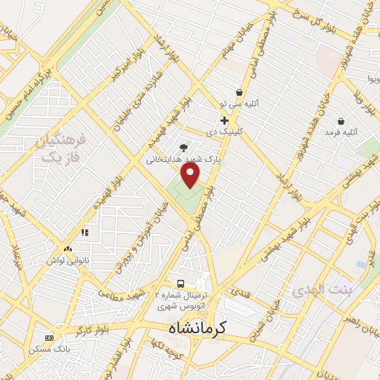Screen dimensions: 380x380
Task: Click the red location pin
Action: [191, 175]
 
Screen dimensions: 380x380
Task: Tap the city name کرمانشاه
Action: [196, 327]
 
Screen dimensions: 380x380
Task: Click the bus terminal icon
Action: [180, 284]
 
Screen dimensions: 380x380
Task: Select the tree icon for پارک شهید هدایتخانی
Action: [184, 148]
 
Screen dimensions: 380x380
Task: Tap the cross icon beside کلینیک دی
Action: [223, 120]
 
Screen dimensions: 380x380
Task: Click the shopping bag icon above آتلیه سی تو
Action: [239, 92]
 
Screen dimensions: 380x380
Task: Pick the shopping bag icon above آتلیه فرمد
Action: [341, 121]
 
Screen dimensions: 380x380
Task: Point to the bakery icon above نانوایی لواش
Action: [68, 249]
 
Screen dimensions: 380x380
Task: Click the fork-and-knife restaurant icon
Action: [85, 232]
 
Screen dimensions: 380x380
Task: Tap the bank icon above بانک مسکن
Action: [50, 337]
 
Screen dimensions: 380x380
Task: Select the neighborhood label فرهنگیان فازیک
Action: [61, 148]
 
